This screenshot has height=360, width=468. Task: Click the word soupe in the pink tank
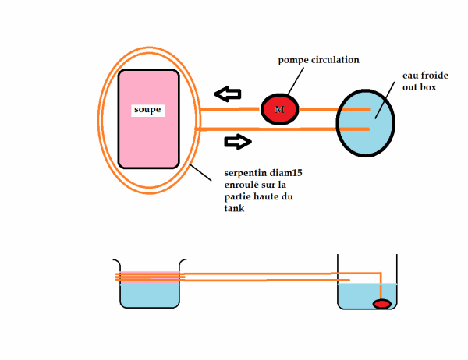[x=147, y=110]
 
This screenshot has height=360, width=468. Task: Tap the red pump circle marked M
[x=280, y=109]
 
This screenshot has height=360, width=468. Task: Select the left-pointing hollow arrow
[x=228, y=94]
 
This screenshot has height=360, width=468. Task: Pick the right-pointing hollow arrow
[x=238, y=142]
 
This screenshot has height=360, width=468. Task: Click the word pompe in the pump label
[x=293, y=61]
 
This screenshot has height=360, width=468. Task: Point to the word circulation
[x=335, y=60]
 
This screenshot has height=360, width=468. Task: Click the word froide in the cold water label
[x=434, y=76]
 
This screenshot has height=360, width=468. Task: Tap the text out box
[x=420, y=87]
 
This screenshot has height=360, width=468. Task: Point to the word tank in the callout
[x=234, y=208]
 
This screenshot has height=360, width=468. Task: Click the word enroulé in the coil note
[x=241, y=185]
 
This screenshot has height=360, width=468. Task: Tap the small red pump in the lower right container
[x=381, y=304]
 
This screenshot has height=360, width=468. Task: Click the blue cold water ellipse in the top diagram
[x=366, y=123]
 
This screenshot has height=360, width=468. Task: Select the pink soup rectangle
[x=149, y=118]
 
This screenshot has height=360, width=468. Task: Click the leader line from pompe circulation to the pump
[x=296, y=81]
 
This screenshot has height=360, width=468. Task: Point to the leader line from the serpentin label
[x=200, y=172]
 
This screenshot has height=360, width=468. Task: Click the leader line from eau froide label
[x=385, y=100]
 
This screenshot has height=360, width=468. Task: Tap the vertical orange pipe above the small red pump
[x=381, y=286]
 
